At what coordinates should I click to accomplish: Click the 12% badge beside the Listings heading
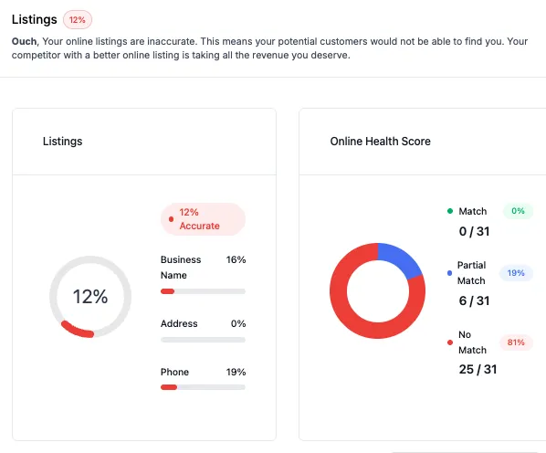pos(78,19)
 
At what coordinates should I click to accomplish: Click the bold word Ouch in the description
pos(26,41)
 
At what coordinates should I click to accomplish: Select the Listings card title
pos(62,142)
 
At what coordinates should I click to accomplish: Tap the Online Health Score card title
pos(380,142)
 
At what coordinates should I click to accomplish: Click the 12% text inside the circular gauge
pos(90,297)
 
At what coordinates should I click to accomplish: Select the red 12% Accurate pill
pos(203,219)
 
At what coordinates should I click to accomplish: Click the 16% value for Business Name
pos(236,260)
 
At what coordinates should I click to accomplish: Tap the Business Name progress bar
pos(203,291)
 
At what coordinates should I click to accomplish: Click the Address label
pos(179,323)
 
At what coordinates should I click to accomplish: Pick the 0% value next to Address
pos(238,323)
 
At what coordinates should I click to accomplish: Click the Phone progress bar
pos(203,387)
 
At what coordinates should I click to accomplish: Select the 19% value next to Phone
pos(236,372)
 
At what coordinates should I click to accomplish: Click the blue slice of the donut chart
pos(400,258)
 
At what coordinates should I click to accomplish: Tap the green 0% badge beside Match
pos(518,211)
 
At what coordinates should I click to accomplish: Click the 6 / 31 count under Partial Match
pos(474,300)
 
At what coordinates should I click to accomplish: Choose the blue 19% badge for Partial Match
pos(516,273)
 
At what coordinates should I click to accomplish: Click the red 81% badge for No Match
pos(516,343)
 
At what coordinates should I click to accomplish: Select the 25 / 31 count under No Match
pos(478,369)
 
